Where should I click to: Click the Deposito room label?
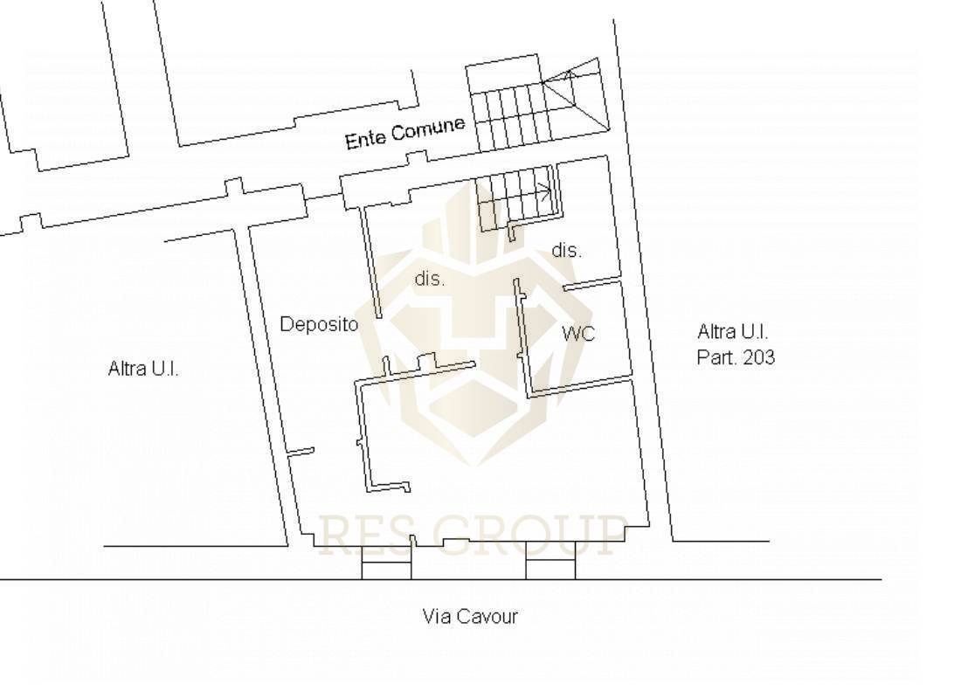319,324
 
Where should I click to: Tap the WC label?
578,334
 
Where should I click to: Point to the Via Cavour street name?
470,616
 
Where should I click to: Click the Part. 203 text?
736,357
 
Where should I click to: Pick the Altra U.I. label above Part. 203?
732,332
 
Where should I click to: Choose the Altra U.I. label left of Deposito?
143,369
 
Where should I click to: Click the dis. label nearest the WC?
566,250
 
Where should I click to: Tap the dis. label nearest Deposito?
430,279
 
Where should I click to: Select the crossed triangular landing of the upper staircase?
575,97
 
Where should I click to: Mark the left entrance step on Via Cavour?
386,562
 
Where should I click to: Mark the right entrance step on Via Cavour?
550,560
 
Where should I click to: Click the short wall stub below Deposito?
301,453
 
